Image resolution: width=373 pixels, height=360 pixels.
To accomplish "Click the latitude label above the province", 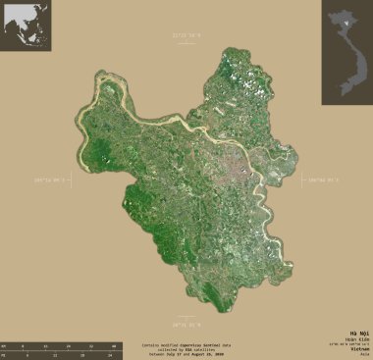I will click(x=186, y=36).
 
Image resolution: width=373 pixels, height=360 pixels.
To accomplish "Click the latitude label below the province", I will click(x=186, y=323).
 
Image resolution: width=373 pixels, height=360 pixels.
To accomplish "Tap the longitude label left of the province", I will click(x=56, y=180).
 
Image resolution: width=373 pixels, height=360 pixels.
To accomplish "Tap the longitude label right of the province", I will click(x=322, y=180).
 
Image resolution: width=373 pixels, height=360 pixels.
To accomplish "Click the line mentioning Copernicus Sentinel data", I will click(x=187, y=344).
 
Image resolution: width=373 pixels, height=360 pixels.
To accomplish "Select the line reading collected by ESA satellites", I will click(x=187, y=348).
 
